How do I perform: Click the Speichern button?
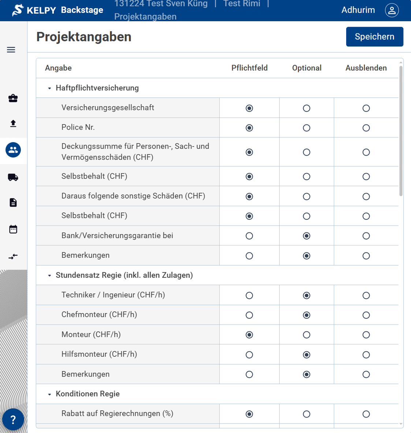pos(374,37)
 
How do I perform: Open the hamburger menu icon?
pos(11,50)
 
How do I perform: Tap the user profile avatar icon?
pos(392,10)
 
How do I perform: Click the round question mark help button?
pos(13,419)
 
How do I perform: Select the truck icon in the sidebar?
pos(13,177)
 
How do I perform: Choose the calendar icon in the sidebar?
pos(13,229)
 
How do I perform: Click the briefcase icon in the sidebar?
pos(13,98)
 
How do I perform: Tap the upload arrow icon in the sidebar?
pos(13,123)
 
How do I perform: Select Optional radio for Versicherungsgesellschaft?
pos(307,108)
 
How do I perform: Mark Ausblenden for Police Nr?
pos(366,128)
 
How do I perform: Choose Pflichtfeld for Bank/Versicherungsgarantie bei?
pos(249,236)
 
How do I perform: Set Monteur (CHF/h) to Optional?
pos(307,335)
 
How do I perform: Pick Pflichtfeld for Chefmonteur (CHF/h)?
pos(249,315)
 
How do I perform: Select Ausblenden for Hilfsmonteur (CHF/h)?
pos(366,355)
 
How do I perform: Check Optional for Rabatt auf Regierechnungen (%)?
pos(307,414)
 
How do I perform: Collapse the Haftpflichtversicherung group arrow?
pos(49,88)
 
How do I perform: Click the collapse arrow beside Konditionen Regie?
pos(49,394)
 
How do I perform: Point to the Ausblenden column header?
pos(366,68)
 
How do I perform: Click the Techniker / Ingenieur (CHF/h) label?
pos(113,295)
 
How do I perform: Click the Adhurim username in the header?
pos(358,10)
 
